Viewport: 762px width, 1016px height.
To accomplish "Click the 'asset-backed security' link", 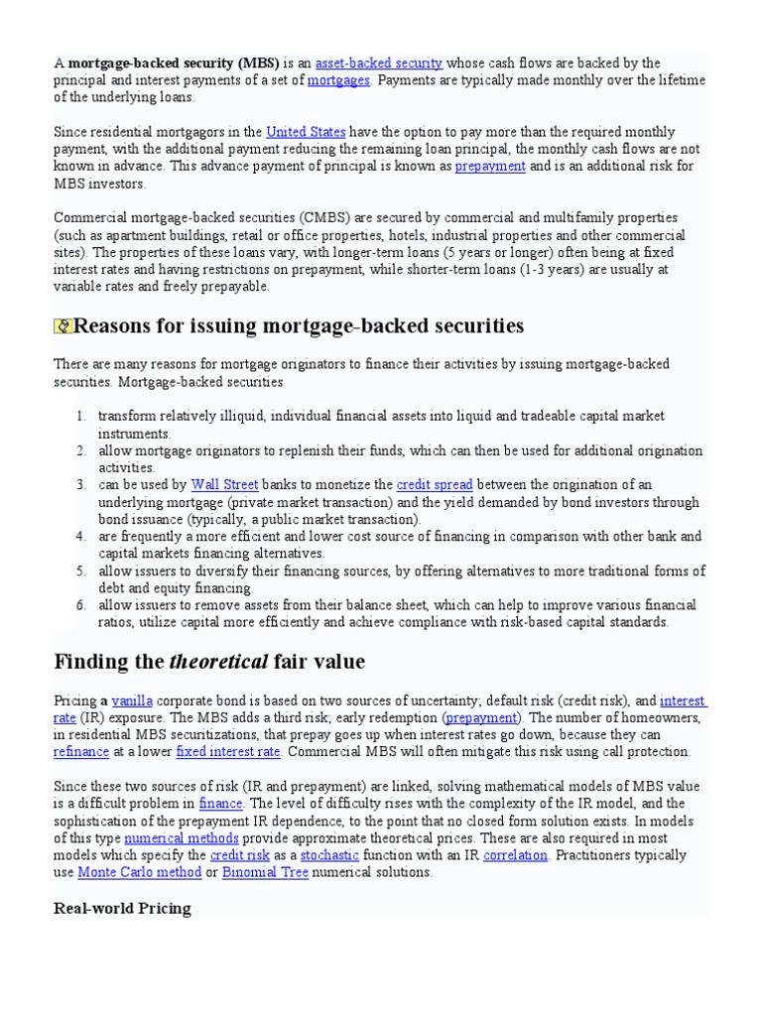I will (x=378, y=63).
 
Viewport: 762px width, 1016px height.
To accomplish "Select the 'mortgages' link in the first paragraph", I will (x=338, y=80).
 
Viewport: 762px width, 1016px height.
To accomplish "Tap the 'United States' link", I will (x=306, y=132).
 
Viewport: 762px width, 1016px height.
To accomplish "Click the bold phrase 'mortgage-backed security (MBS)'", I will (x=174, y=63).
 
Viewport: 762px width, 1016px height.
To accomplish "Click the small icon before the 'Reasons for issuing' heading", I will (x=63, y=326).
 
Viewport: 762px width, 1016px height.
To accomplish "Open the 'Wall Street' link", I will (x=224, y=484).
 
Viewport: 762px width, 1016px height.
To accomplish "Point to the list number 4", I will (x=81, y=536).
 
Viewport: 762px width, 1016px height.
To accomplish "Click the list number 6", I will (x=81, y=604).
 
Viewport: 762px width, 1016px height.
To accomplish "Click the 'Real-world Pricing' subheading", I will (x=121, y=909).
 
